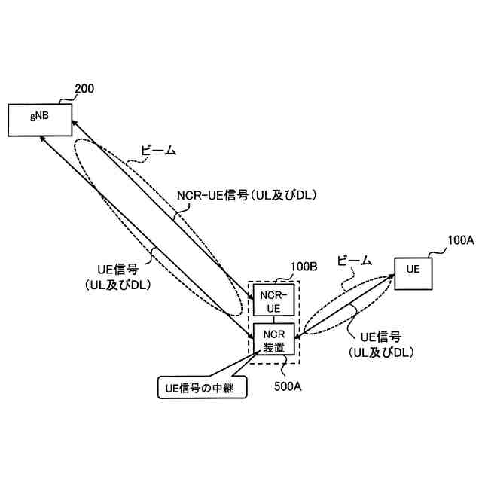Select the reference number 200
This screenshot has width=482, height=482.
pyautogui.click(x=84, y=90)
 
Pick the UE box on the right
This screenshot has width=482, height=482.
pyautogui.click(x=413, y=270)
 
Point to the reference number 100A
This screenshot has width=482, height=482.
pyautogui.click(x=460, y=240)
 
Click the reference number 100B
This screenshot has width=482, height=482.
pyautogui.click(x=304, y=267)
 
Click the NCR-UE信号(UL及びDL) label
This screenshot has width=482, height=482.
pyautogui.click(x=246, y=195)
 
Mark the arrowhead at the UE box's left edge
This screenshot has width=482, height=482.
pyautogui.click(x=392, y=278)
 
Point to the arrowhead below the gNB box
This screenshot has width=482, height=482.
pyautogui.click(x=42, y=139)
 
